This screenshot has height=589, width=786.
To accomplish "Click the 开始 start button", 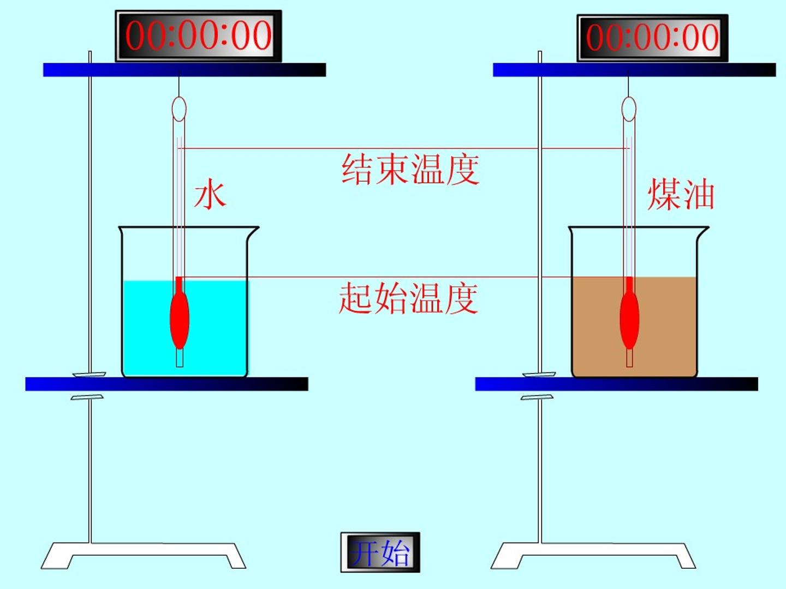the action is tap(380, 552).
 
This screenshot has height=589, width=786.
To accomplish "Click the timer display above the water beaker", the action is tap(198, 36).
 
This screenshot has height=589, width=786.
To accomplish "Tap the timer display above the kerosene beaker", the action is tap(652, 38).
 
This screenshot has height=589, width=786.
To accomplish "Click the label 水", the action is tap(210, 195).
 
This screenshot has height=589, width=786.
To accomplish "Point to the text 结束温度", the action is tap(410, 169).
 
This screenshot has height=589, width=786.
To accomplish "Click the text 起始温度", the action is tap(408, 298).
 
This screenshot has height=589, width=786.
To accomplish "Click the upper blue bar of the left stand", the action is tap(185, 70).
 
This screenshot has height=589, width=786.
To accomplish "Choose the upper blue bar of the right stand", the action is tap(634, 70).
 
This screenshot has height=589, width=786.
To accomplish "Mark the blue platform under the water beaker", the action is tap(167, 384).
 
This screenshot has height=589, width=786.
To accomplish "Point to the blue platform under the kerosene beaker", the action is tap(617, 384).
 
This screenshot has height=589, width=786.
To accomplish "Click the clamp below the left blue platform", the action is tap(87, 397).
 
